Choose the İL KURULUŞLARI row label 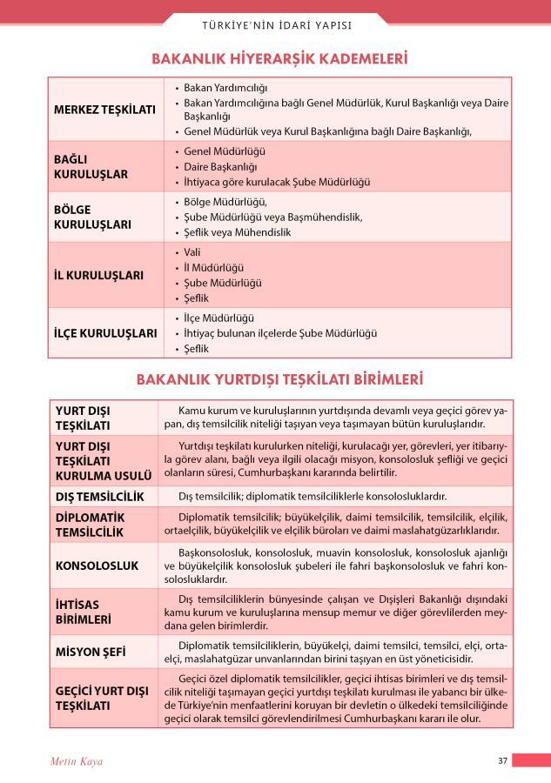[x=98, y=275]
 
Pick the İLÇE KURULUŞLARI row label [x=104, y=332]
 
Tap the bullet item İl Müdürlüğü [x=214, y=268]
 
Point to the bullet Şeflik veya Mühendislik [x=237, y=232]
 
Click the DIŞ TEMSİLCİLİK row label [x=99, y=497]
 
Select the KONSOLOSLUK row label [x=97, y=565]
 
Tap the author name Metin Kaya [x=77, y=761]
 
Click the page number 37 [x=502, y=760]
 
